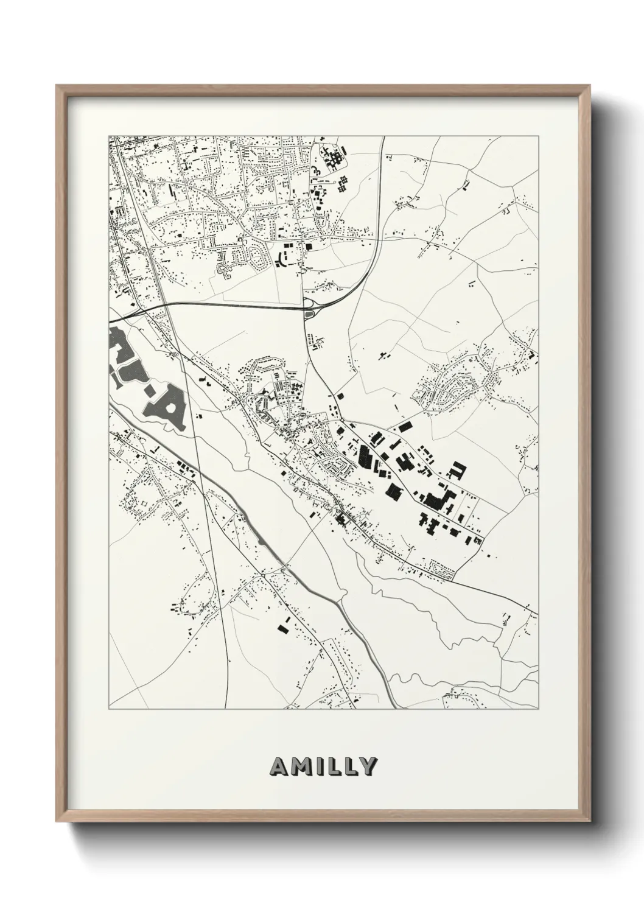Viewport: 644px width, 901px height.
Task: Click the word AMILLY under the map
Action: tap(323, 766)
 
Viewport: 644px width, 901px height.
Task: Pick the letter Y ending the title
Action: tap(368, 766)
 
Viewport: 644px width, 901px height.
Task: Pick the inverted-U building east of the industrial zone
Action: tap(457, 469)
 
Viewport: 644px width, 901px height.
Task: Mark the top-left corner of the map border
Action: tap(109, 136)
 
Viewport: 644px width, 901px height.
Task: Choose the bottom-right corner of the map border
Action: tap(539, 709)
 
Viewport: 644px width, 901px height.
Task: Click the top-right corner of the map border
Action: tap(539, 136)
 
